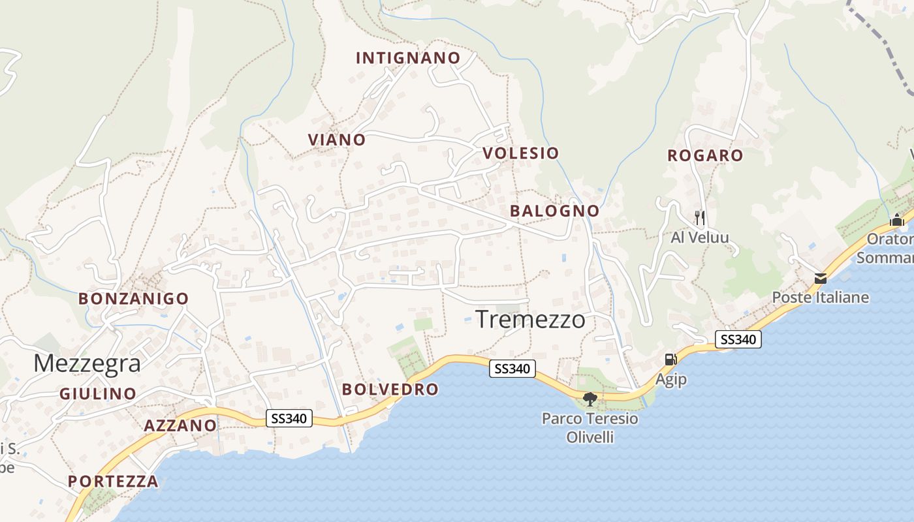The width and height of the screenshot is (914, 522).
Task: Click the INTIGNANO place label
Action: tap(408, 58)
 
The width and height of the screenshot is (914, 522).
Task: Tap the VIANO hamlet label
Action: tap(337, 140)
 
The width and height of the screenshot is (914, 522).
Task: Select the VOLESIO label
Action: tap(520, 153)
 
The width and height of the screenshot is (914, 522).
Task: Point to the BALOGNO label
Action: tap(554, 211)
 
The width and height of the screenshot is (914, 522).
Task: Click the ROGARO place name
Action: tap(705, 155)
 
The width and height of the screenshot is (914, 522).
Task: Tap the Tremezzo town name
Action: tap(530, 320)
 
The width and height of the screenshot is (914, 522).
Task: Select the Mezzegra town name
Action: tap(87, 363)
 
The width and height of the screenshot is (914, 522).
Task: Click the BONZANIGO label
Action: tap(133, 299)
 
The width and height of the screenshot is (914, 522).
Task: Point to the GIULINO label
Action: tap(98, 394)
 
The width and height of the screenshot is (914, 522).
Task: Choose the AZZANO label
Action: tap(180, 426)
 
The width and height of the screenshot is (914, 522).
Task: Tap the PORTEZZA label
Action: tap(113, 482)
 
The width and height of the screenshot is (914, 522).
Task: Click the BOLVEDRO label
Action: tap(390, 390)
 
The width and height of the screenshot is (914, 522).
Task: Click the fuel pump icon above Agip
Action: tap(670, 359)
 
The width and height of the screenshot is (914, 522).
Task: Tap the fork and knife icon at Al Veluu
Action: tap(700, 217)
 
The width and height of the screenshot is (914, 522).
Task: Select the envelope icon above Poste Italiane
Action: tap(821, 279)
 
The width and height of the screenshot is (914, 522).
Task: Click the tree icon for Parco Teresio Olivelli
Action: tap(590, 399)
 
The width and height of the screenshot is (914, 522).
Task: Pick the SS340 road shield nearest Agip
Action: tap(738, 339)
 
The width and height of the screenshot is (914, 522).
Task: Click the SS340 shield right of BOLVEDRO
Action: tap(512, 369)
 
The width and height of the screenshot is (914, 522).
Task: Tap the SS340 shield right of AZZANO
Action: tap(289, 418)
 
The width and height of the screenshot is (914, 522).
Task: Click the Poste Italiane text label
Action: tap(821, 298)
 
